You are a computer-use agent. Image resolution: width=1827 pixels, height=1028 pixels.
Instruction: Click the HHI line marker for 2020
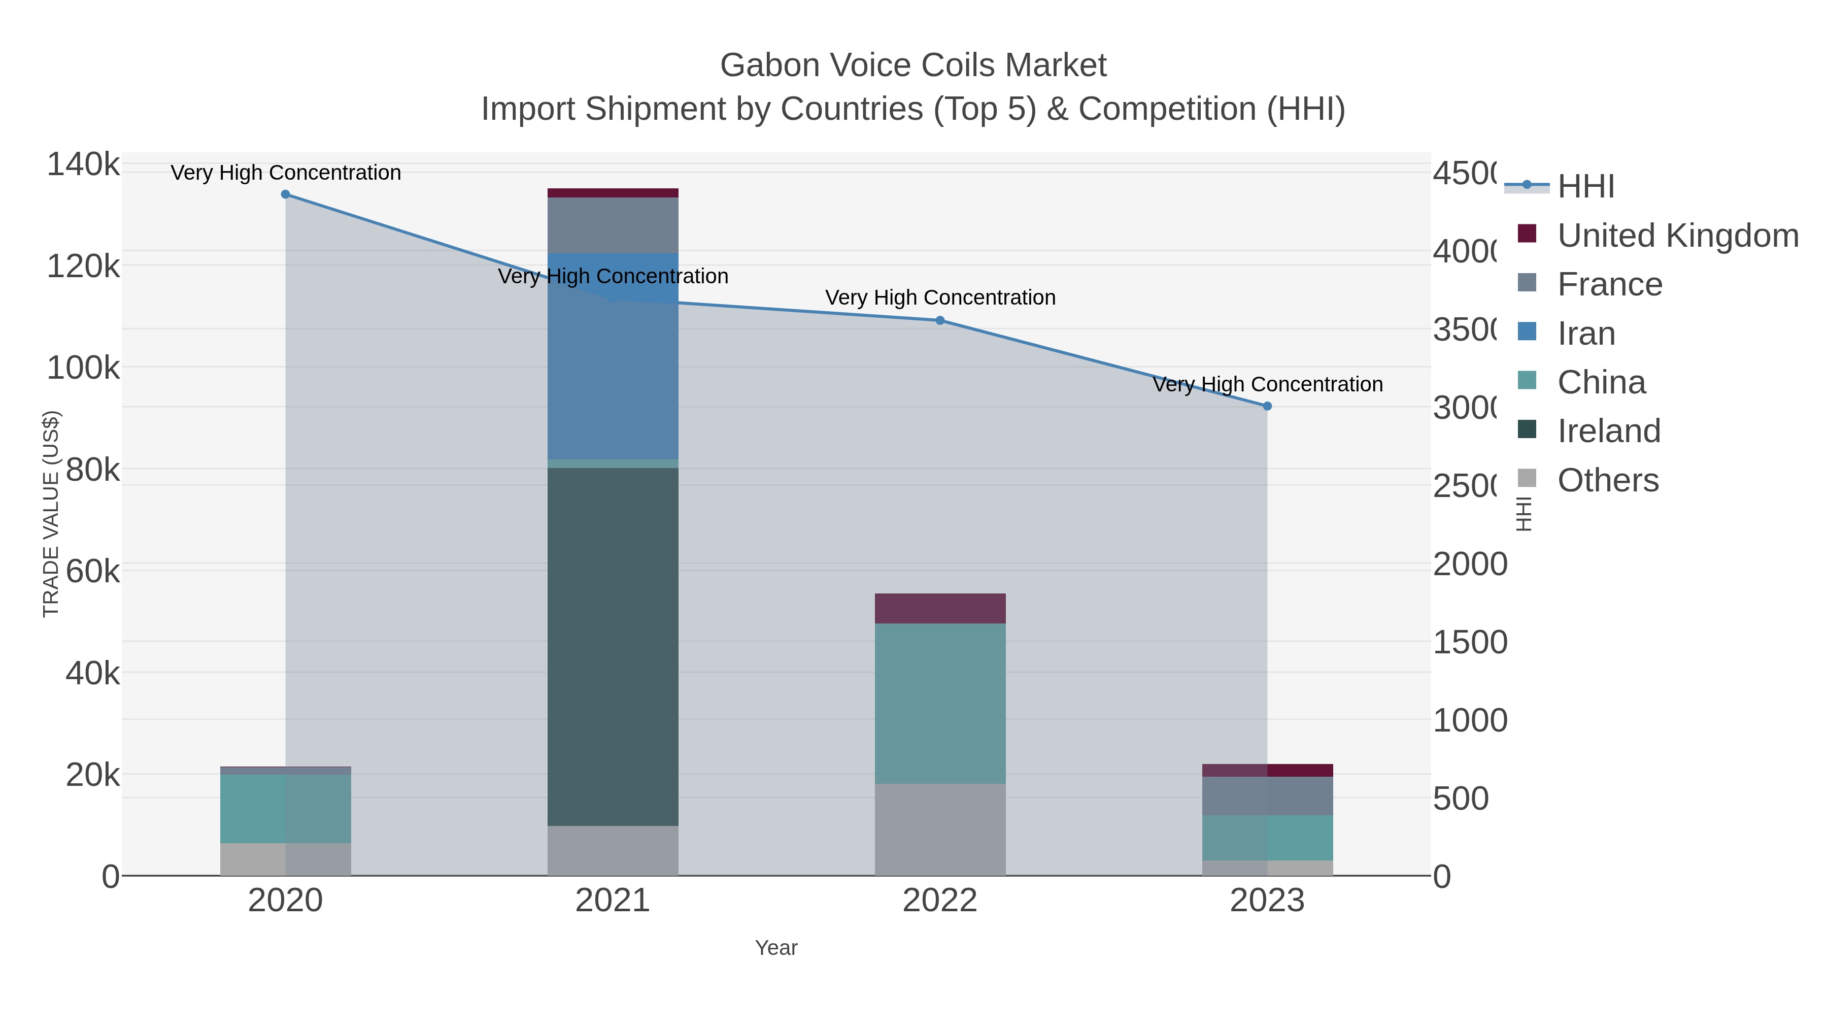tap(285, 194)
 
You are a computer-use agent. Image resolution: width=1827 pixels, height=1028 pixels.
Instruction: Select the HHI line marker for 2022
tap(940, 321)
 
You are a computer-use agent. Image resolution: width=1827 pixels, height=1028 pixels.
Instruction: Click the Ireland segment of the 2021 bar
tap(613, 646)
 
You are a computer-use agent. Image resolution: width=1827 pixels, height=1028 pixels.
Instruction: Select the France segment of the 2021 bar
tap(613, 225)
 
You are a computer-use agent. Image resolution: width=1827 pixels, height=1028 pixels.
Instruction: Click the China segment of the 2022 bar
tap(940, 703)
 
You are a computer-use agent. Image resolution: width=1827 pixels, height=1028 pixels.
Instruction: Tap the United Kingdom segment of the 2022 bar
tap(940, 609)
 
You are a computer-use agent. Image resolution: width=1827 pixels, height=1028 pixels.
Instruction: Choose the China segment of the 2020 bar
tap(285, 808)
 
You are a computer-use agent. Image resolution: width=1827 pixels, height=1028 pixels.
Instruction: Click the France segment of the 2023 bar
tap(1267, 796)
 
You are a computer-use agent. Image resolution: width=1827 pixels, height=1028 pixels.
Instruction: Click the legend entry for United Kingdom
tap(1677, 236)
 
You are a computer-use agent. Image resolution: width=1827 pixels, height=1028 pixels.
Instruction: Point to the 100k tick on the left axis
tap(83, 368)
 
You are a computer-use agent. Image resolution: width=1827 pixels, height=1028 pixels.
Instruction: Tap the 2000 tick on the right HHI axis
tap(1470, 565)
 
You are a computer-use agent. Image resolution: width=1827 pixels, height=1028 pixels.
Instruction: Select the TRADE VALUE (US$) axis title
tap(51, 514)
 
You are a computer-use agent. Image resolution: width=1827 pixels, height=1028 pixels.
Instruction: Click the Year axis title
tap(776, 948)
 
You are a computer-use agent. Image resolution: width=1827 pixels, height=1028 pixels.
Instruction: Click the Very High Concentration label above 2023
tap(1267, 384)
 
